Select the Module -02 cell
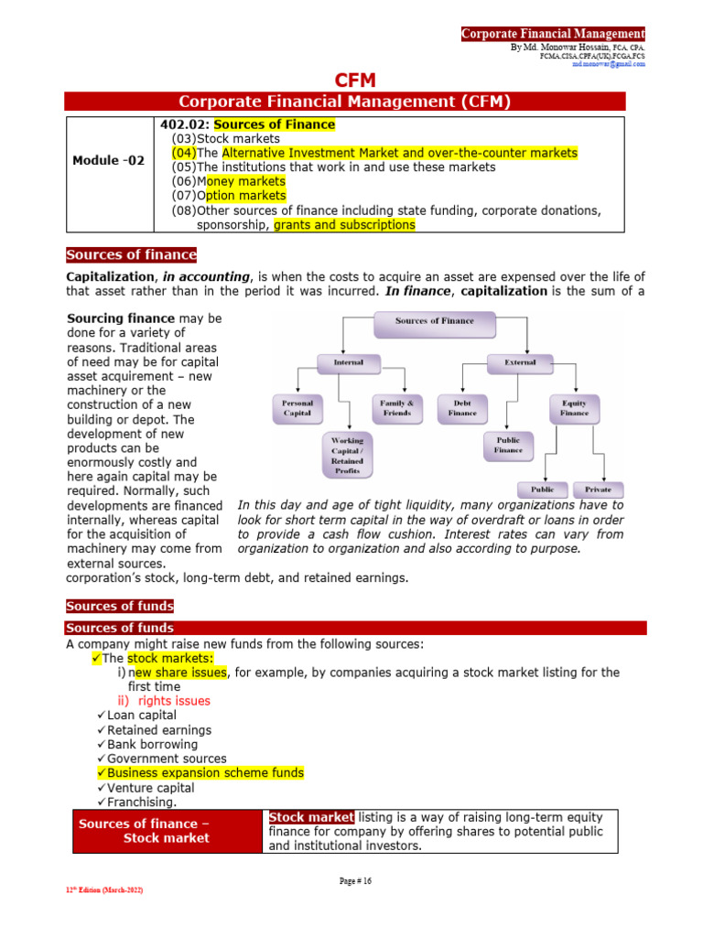(109, 160)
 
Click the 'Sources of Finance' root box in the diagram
(435, 322)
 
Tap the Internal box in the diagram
(348, 362)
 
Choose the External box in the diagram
(520, 362)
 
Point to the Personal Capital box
(297, 407)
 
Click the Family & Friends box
(396, 407)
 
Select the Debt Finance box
(462, 407)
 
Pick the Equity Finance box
(574, 407)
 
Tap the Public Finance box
(508, 445)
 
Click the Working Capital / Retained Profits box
(347, 455)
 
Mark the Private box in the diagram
(598, 490)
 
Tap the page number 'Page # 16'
(355, 881)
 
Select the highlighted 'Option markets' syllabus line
(229, 196)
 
